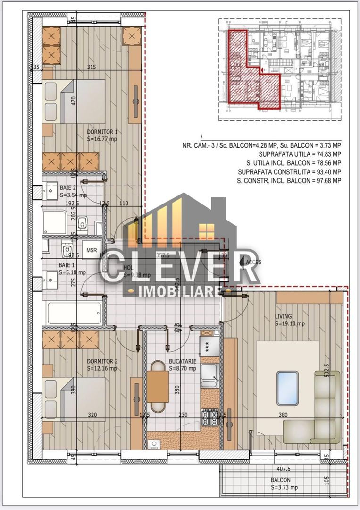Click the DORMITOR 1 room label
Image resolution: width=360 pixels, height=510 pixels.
click(x=102, y=132)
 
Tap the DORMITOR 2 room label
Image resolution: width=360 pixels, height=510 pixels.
click(x=102, y=362)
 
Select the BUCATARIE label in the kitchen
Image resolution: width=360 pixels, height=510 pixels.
click(x=182, y=362)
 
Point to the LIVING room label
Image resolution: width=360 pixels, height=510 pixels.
click(x=284, y=316)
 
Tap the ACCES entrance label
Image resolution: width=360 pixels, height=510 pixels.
click(x=253, y=261)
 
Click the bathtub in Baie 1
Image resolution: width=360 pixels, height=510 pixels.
click(x=74, y=313)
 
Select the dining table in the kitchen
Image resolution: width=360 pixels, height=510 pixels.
click(x=158, y=386)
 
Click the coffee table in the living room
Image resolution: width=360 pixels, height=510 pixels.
click(x=287, y=388)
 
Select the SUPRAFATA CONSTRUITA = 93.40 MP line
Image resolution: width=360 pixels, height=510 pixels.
click(x=290, y=171)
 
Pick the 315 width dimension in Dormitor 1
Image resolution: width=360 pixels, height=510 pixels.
click(x=92, y=67)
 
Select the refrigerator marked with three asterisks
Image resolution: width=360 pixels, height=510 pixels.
click(x=208, y=346)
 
